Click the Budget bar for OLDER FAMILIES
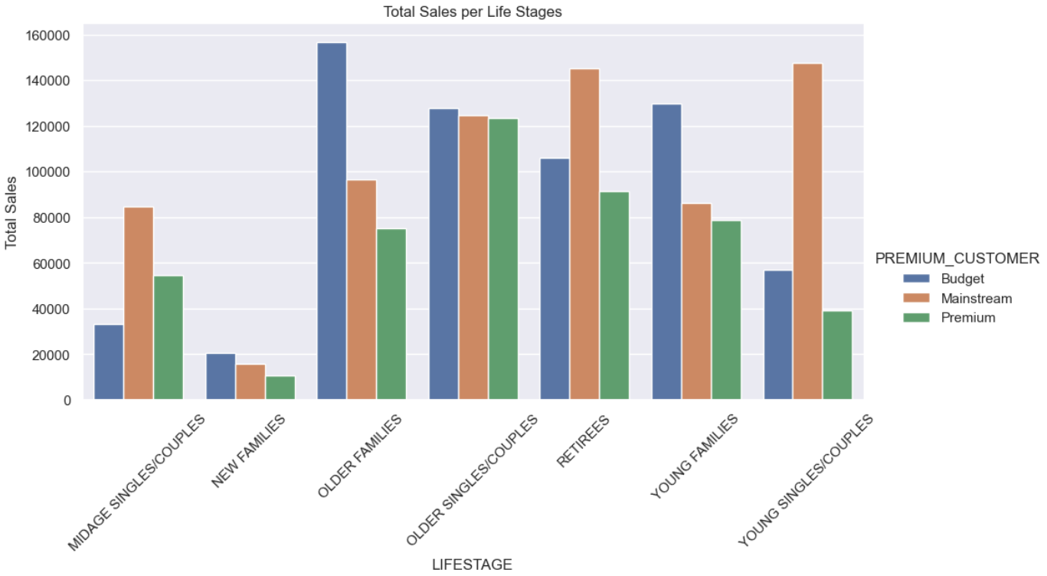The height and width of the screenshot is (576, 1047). click(x=332, y=222)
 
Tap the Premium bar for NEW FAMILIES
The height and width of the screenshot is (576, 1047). click(x=280, y=388)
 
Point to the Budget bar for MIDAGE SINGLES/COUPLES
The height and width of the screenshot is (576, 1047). click(x=108, y=362)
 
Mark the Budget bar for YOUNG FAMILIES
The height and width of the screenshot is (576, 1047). click(x=666, y=252)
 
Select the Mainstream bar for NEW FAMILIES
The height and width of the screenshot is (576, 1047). click(x=250, y=381)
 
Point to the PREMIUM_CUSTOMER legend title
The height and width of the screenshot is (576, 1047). click(x=957, y=259)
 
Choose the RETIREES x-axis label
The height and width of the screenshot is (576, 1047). click(x=584, y=442)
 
